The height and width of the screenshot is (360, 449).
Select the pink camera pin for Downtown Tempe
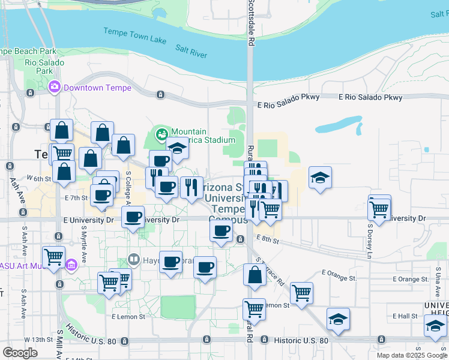pos(55,87)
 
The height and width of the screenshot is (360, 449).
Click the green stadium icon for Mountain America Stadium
pos(161,133)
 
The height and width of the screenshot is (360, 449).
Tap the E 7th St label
pos(76,197)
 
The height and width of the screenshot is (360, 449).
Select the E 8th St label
pos(267,239)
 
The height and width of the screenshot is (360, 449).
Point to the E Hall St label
pos(405,316)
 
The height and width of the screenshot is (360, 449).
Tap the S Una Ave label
pos(438,282)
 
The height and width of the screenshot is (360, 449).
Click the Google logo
pos(20,352)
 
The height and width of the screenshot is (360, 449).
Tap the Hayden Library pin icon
pos(133,261)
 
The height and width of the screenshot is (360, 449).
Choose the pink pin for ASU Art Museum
pos(71,265)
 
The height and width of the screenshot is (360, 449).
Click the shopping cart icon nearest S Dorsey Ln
pos(379,209)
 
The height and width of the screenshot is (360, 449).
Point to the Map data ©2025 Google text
pos(412,355)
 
